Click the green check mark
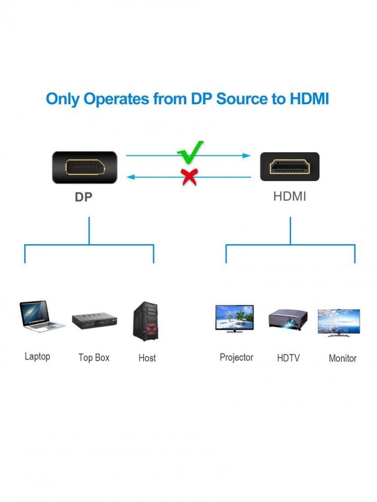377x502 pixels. point(190,152)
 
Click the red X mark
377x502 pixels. point(189,177)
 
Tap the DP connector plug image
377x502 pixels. point(85,167)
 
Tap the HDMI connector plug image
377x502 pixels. point(289,167)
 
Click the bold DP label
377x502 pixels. point(84,197)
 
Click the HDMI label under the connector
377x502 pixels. point(289,196)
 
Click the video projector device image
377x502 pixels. point(288,320)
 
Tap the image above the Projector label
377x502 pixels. point(234,318)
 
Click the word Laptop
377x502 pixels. point(37,356)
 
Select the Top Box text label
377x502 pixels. point(94,358)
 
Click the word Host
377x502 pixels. point(147,358)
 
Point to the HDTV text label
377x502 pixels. point(288,358)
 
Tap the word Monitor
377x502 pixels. point(343,358)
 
